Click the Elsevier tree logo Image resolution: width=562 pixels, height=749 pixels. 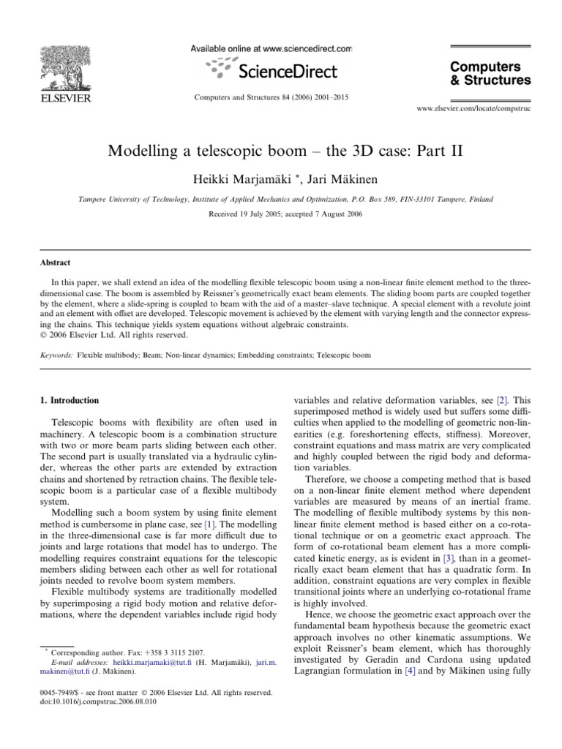(x=64, y=66)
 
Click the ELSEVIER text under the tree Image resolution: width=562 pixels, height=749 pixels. (x=64, y=97)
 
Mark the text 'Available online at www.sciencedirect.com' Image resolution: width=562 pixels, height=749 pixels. (x=271, y=48)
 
